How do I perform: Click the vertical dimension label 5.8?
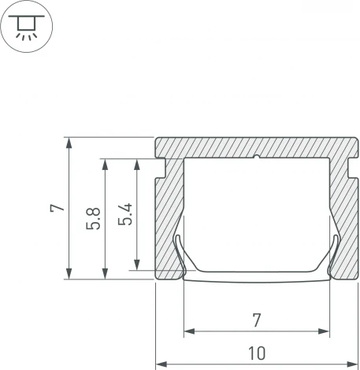click(93, 219)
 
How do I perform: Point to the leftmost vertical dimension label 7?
click(54, 209)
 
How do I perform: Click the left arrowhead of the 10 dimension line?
click(161, 364)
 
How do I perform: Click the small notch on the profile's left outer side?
click(160, 166)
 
